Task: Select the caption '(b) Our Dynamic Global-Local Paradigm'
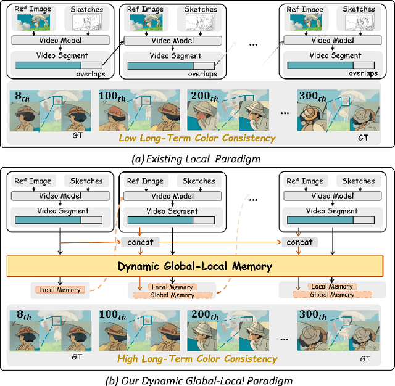[x=197, y=379]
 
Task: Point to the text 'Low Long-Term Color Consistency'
[x=197, y=138]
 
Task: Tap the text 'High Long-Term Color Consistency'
[x=197, y=358]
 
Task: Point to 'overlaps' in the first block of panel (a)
[x=91, y=75]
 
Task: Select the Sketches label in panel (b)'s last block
[x=358, y=181]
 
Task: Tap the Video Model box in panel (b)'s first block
[x=60, y=195]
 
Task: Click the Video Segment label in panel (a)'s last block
[x=333, y=55]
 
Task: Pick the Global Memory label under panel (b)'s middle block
[x=172, y=295]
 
